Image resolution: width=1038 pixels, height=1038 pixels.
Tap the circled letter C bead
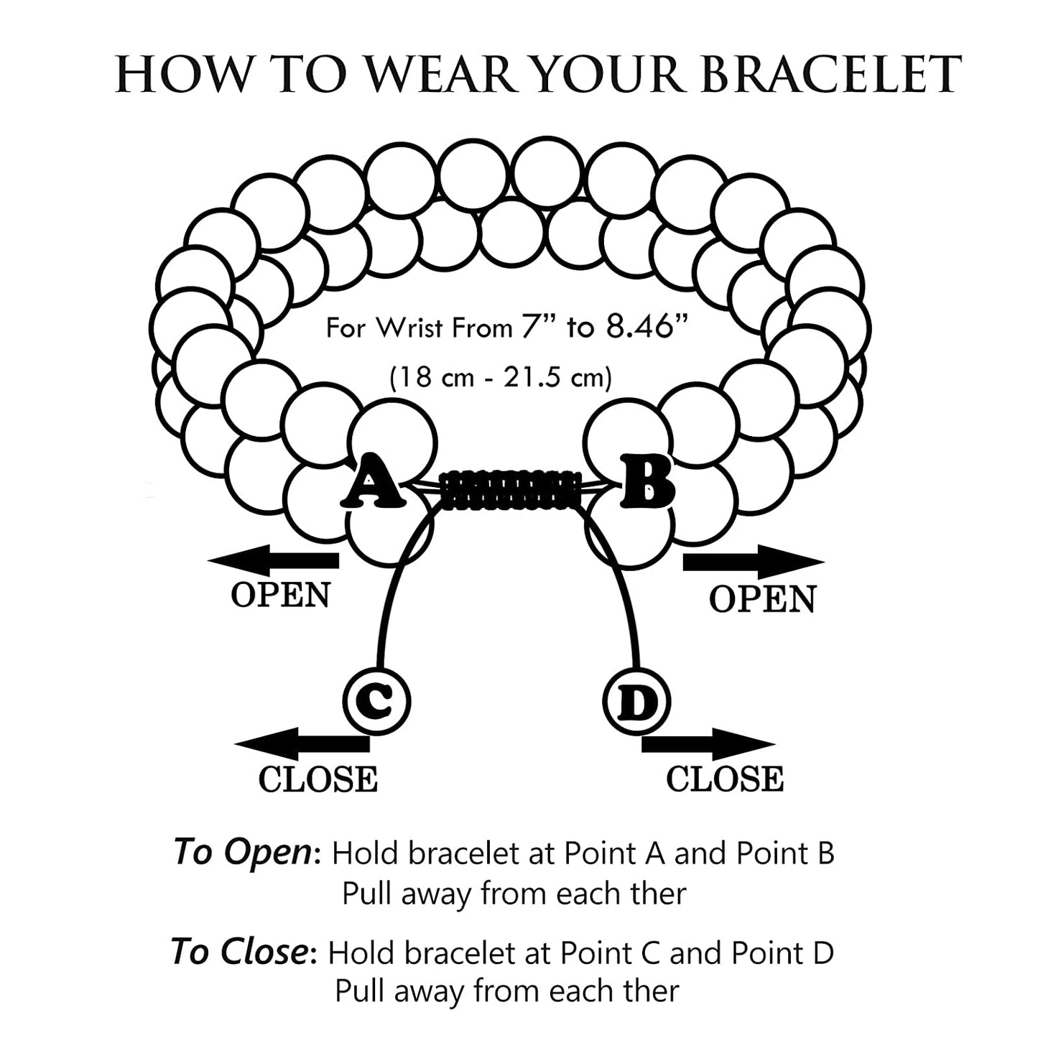coord(376,700)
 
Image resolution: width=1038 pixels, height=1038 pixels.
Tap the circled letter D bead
coord(636,702)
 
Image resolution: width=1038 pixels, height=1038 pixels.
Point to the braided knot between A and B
coord(511,490)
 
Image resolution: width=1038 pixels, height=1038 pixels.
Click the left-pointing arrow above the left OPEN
coord(273,560)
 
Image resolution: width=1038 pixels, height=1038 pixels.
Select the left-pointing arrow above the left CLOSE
coord(302,744)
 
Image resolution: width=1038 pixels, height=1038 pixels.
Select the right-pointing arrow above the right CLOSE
coord(708,745)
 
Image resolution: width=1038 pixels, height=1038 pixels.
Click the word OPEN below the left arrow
coord(281,595)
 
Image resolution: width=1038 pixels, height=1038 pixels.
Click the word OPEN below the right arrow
coord(763,599)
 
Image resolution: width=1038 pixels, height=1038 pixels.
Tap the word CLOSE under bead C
coord(318,780)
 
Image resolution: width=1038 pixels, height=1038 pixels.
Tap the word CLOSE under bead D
coord(724,780)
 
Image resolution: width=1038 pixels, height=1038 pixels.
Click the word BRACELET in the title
coord(831,75)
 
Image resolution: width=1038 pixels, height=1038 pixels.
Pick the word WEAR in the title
coord(442,75)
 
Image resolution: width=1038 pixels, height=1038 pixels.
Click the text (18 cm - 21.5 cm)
coord(501,376)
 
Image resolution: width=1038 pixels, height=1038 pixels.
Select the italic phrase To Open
coord(242,853)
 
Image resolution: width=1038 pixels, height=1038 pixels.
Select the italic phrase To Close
coord(240,953)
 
